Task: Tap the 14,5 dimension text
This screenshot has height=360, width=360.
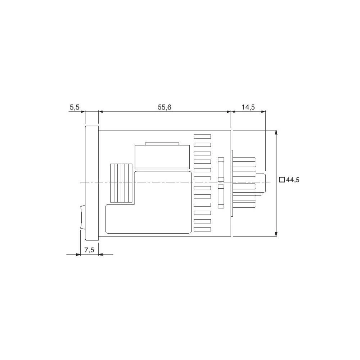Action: [248, 107]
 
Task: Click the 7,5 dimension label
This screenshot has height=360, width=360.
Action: [89, 250]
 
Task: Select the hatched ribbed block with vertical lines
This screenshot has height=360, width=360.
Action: [121, 183]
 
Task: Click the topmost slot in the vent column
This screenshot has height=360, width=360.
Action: [202, 136]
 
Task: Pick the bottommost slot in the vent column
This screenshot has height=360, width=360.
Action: [202, 229]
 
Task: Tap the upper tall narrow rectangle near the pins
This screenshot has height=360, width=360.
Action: [221, 169]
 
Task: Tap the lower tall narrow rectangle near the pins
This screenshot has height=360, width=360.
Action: [221, 197]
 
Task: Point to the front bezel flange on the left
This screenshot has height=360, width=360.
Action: [92, 183]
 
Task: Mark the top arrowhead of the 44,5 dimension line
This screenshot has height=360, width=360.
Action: [276, 132]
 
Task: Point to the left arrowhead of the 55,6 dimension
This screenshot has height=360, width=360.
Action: [100, 112]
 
